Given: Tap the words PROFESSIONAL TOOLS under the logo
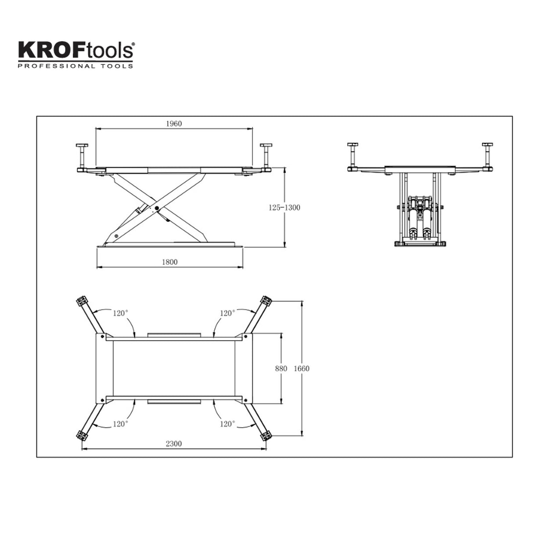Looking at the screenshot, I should (x=76, y=66).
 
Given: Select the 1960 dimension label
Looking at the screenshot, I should (x=174, y=123).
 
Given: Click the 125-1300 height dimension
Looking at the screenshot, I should (x=284, y=207).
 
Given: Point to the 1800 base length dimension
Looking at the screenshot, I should (x=169, y=262).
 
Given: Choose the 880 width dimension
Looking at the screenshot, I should (x=281, y=368).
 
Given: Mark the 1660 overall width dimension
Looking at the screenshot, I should (x=302, y=368).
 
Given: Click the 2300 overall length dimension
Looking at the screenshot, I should (x=174, y=443).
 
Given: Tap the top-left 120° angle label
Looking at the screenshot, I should (x=120, y=313).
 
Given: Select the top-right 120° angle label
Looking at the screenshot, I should (x=227, y=313).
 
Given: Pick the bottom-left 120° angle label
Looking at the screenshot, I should (x=120, y=424).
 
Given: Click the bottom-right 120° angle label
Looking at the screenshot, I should (x=227, y=424).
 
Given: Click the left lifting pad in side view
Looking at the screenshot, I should (x=82, y=145).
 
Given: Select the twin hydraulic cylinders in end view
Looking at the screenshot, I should (x=419, y=220).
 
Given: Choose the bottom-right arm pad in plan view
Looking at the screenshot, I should (x=266, y=436).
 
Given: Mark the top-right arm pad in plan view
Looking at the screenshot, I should (x=266, y=301).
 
